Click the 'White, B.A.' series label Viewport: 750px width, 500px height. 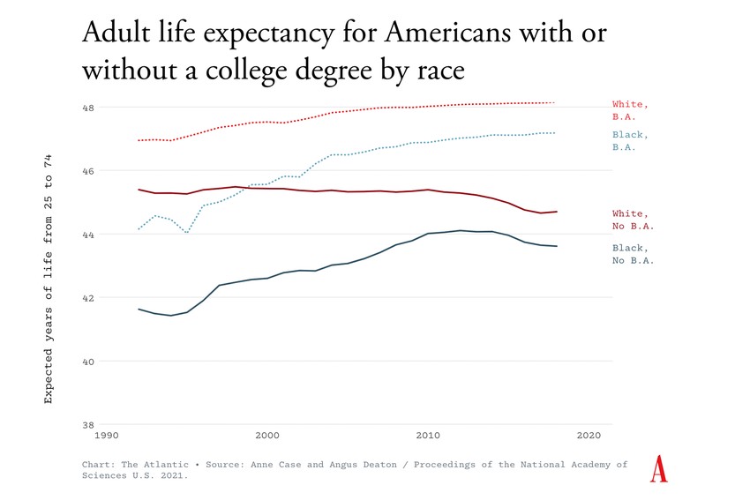(x=630, y=110)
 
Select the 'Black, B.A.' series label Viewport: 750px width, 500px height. (x=630, y=141)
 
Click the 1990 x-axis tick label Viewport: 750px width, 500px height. (x=105, y=436)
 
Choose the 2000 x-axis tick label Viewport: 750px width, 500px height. (x=266, y=436)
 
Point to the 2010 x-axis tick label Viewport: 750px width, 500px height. (x=428, y=436)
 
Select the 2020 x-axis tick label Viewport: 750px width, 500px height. (x=589, y=436)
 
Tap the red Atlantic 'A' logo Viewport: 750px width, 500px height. (x=658, y=468)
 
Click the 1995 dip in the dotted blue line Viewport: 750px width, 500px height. (x=187, y=233)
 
